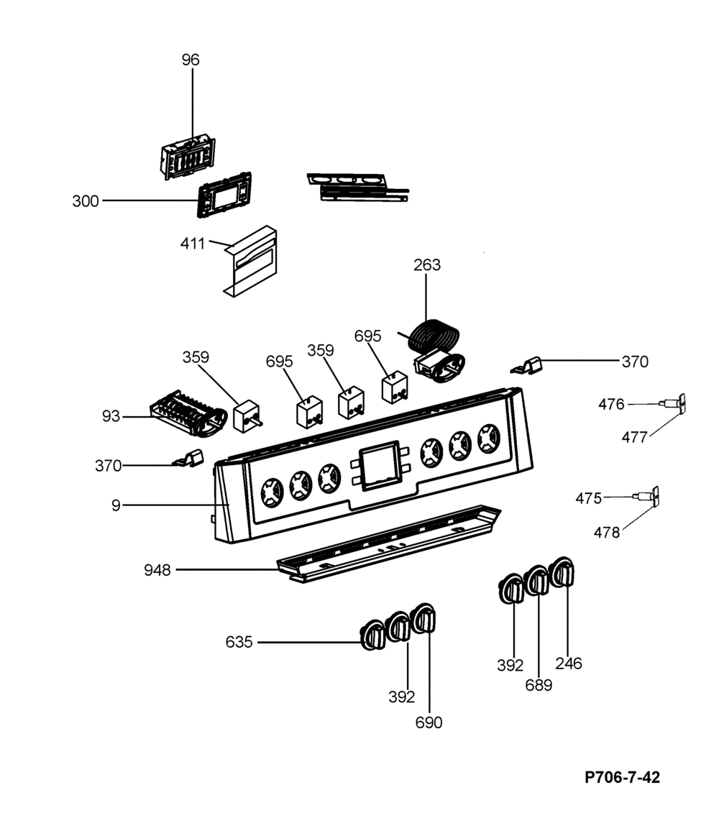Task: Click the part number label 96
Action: click(191, 60)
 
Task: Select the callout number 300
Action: click(86, 201)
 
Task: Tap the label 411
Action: click(193, 244)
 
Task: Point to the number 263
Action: click(427, 265)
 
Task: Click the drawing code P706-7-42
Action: click(623, 778)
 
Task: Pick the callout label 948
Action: click(157, 570)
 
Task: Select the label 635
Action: click(239, 643)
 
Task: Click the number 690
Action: click(429, 723)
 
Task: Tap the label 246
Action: click(569, 664)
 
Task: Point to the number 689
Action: click(539, 685)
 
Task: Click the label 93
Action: click(111, 416)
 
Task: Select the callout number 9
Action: click(116, 505)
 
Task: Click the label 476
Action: click(611, 405)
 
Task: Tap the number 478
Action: click(607, 533)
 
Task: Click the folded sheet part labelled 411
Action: click(250, 261)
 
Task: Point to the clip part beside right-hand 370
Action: click(527, 365)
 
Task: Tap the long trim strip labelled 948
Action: click(389, 543)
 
